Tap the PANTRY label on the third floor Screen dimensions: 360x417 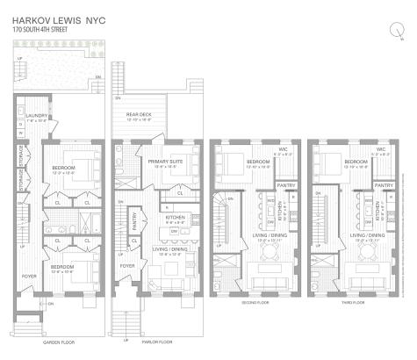[383, 186]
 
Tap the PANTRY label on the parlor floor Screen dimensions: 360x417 [133, 227]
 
